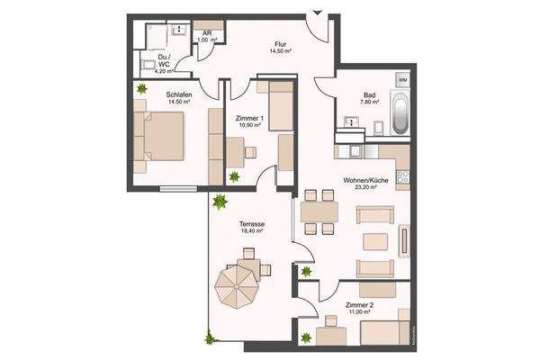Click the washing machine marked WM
tap(401, 81)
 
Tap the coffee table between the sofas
tap(373, 241)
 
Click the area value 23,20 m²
tap(365, 189)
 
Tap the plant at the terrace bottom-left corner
tap(211, 338)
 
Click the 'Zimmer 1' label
tap(249, 117)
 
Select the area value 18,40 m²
tap(251, 231)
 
